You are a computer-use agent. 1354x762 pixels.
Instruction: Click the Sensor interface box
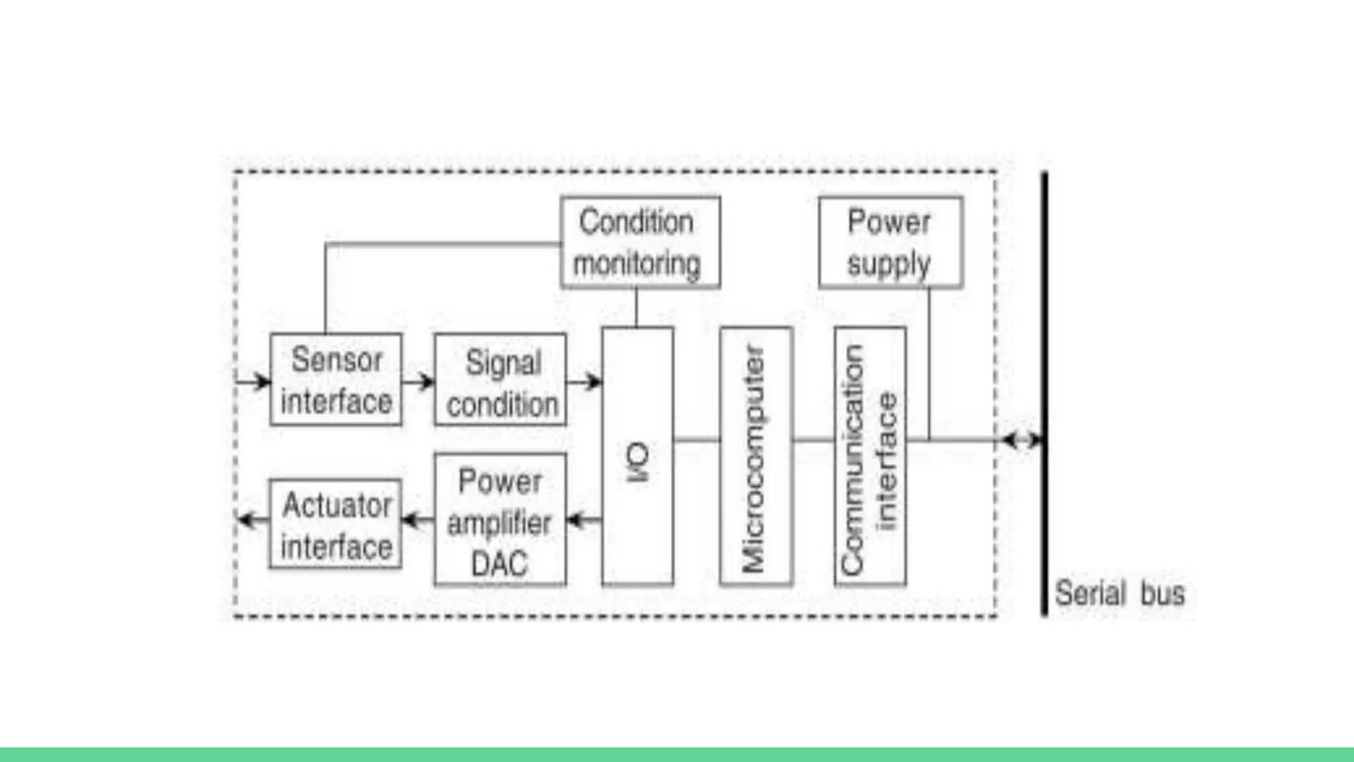click(x=336, y=380)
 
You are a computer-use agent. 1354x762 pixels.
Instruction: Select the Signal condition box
click(x=500, y=380)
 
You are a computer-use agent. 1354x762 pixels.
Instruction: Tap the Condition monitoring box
click(x=639, y=242)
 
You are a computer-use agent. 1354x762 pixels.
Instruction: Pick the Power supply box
click(x=890, y=242)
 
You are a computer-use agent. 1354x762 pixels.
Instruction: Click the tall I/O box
click(x=637, y=456)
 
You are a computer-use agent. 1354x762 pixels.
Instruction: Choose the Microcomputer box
click(x=756, y=456)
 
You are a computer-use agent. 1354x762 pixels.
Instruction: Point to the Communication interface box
click(x=869, y=456)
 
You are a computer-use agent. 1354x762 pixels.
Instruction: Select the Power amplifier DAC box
click(x=500, y=520)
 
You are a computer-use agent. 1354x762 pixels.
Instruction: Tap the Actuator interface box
click(x=336, y=524)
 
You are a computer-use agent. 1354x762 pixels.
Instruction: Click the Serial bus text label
click(x=1119, y=593)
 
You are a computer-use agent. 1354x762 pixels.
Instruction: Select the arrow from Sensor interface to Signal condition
click(x=418, y=382)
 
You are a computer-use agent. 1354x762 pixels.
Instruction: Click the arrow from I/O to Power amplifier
click(x=584, y=521)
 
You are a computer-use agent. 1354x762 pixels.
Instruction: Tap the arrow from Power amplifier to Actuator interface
click(x=418, y=521)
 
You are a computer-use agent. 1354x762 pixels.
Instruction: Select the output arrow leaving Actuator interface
click(x=253, y=521)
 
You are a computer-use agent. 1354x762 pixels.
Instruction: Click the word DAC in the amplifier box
click(x=499, y=564)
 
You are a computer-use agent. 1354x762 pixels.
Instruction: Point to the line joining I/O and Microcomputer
click(x=697, y=439)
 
